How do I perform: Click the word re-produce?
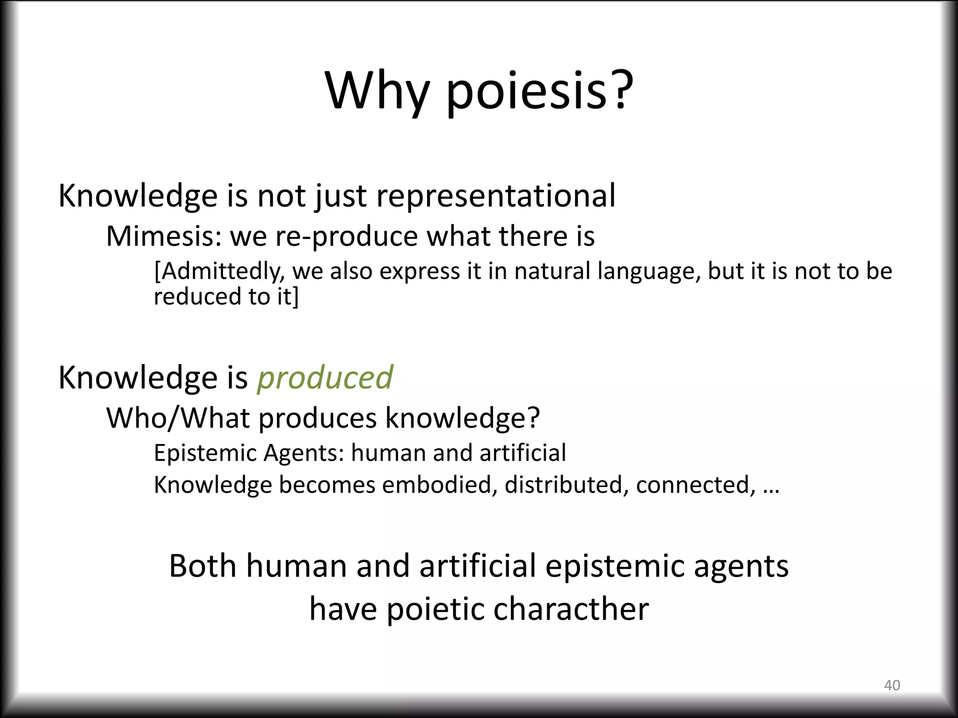pos(346,237)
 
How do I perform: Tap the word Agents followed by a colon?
pos(304,453)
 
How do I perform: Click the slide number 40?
pos(892,685)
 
